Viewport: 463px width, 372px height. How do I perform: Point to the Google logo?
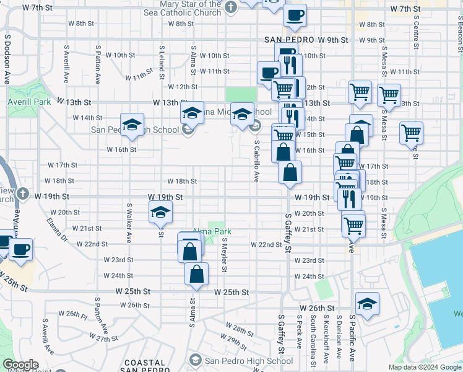click(x=20, y=365)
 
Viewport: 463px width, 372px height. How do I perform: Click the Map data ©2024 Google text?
click(x=425, y=367)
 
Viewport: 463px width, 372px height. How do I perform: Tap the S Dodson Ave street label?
click(x=8, y=60)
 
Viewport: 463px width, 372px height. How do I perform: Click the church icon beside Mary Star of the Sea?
click(x=231, y=8)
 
